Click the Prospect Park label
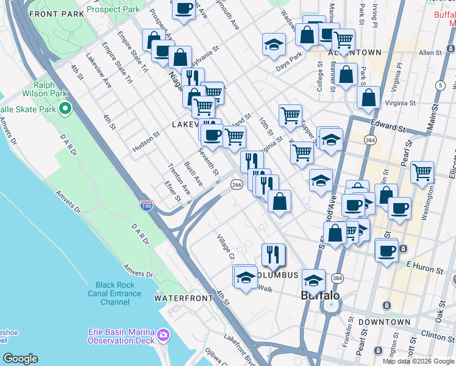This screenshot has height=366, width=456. [113, 10]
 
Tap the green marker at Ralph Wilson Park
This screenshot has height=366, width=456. [65, 110]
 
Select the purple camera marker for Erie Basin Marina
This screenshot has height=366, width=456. [163, 335]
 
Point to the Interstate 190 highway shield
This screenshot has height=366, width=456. [146, 206]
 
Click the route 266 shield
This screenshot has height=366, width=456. [237, 184]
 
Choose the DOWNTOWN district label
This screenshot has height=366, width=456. [384, 321]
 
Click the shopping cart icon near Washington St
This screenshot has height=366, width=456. [422, 172]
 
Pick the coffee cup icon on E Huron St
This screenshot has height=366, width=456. [387, 249]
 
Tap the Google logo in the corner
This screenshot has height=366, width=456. [20, 359]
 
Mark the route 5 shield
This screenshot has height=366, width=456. [440, 85]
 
